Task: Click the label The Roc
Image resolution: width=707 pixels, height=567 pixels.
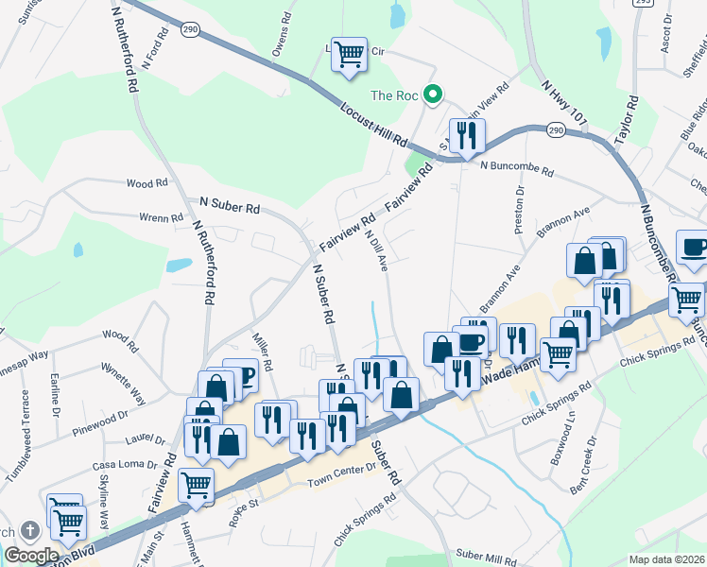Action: pos(394,94)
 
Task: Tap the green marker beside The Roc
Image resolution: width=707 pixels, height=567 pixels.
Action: pos(433,94)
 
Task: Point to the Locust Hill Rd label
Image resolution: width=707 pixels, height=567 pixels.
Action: pos(374,126)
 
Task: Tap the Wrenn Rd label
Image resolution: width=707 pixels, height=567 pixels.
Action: pos(161,218)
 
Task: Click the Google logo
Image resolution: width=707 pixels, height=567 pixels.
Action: pos(31,556)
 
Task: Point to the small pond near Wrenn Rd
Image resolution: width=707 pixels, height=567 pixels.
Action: pos(179,265)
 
